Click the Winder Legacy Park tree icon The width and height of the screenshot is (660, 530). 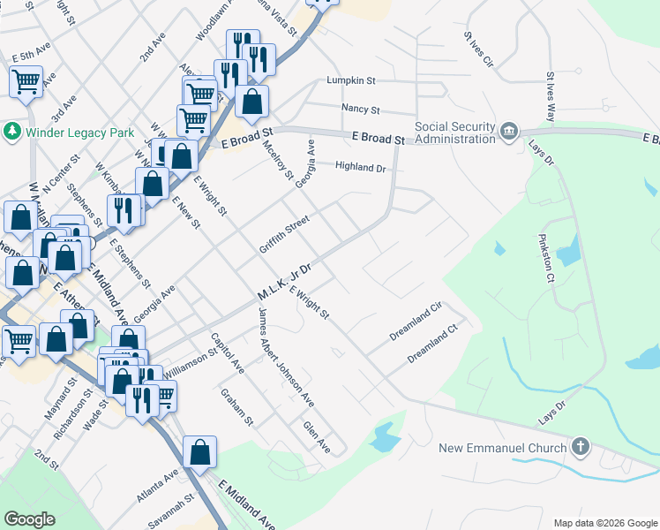coord(12,132)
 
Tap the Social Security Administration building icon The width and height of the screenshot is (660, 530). coord(509,132)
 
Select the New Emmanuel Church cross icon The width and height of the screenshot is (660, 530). coord(580,447)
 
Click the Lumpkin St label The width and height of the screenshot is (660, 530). coord(351,80)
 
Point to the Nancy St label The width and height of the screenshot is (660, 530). coord(360,110)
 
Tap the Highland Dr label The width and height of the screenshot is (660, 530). coord(361,167)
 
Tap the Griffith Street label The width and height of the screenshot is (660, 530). coord(284,235)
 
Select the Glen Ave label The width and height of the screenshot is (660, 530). coord(316,437)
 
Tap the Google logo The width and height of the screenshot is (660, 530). coord(29,519)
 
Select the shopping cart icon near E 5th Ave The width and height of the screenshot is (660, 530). coord(26,82)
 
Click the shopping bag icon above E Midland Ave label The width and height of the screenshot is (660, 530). coord(200,452)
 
